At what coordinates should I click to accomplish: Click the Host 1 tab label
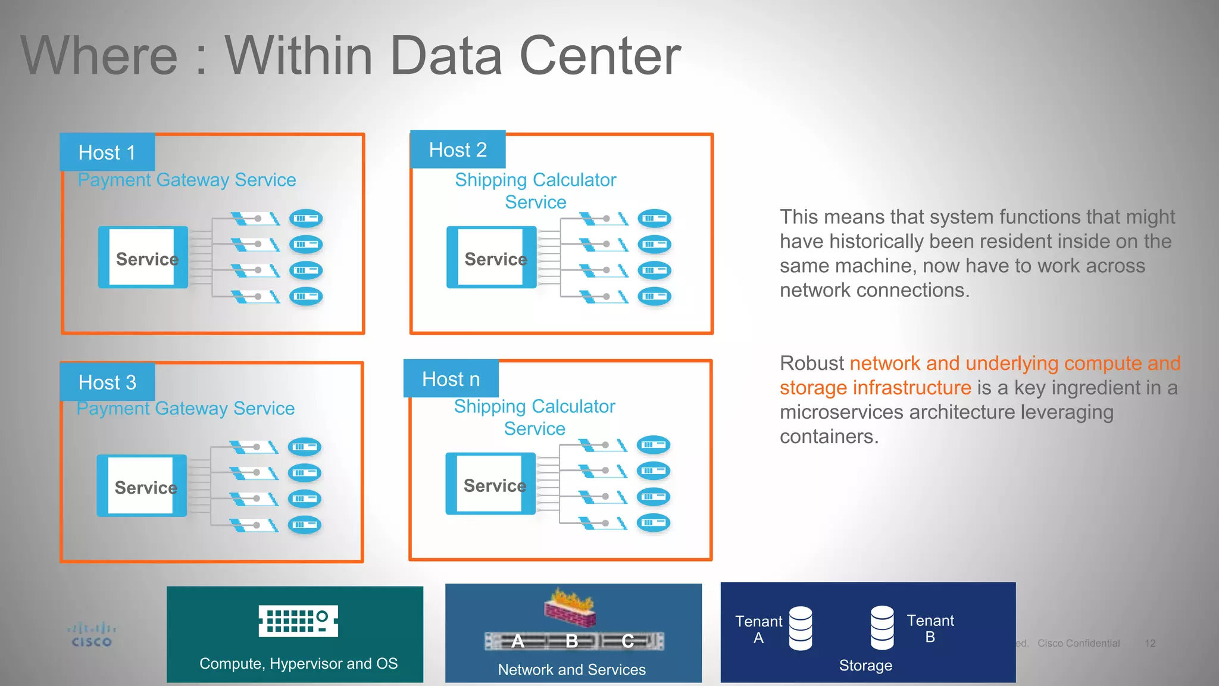pos(107,152)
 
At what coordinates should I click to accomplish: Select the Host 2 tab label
pos(458,149)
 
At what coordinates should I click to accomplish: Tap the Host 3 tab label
pos(107,382)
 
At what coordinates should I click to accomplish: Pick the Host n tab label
pos(451,379)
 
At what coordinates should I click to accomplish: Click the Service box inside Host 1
pos(143,258)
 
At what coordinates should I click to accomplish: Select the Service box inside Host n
pos(490,484)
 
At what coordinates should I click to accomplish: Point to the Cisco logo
pos(92,635)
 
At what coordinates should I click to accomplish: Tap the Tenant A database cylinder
pos(801,628)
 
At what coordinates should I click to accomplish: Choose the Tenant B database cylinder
pos(882,628)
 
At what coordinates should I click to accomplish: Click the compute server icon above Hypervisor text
pos(298,620)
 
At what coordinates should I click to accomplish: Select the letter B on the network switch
pos(572,641)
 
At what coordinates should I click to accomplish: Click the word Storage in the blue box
pos(865,665)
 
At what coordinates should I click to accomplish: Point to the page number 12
pos(1150,643)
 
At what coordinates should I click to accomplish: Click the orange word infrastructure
pos(911,388)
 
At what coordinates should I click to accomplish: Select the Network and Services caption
pos(571,669)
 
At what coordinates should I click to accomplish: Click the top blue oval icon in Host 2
pos(654,219)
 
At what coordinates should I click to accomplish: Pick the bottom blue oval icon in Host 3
pos(305,525)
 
